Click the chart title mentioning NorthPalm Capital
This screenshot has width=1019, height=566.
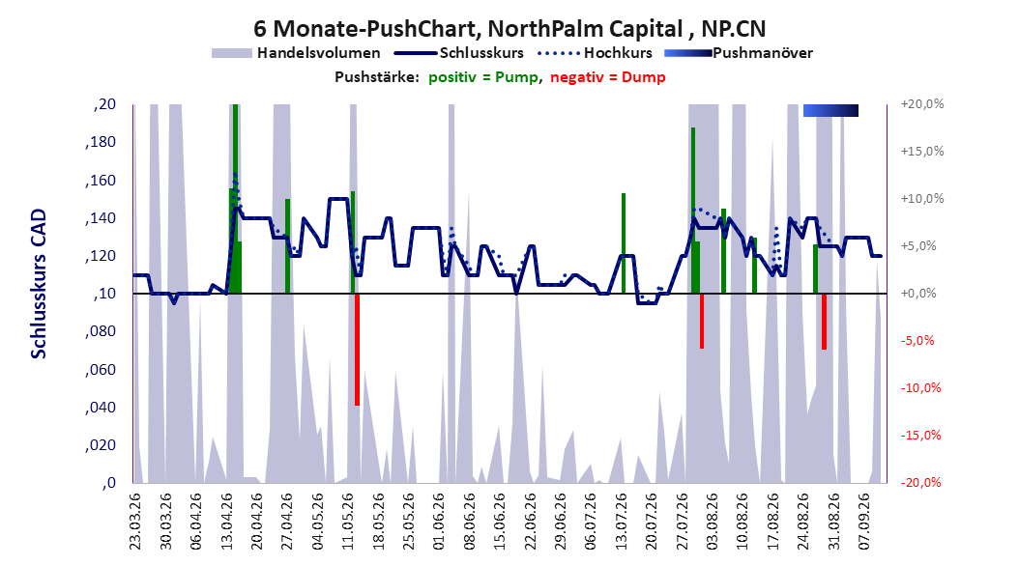click(509, 29)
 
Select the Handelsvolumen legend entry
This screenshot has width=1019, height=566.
click(297, 53)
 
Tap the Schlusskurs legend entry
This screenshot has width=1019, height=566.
click(459, 53)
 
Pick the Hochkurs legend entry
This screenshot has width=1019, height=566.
click(595, 53)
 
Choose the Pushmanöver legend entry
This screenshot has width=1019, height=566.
click(739, 53)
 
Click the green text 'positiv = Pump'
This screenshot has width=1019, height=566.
click(483, 77)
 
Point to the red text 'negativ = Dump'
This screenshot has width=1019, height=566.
click(608, 77)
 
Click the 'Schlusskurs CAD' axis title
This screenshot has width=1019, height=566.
click(39, 284)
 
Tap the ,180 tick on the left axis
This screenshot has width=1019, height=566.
click(101, 142)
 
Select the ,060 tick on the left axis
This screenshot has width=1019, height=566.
click(101, 369)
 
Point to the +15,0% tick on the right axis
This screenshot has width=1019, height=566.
click(922, 152)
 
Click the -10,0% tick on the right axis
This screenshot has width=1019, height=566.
click(920, 388)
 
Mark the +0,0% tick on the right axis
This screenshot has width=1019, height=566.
click(918, 294)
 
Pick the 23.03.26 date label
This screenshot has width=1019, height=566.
click(135, 522)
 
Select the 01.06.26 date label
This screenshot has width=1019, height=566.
click(439, 522)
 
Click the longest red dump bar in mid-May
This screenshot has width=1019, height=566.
click(358, 350)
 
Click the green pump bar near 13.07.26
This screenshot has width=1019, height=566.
click(624, 243)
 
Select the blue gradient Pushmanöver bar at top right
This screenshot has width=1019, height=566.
click(830, 110)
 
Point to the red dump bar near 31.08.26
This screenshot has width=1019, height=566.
click(824, 322)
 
